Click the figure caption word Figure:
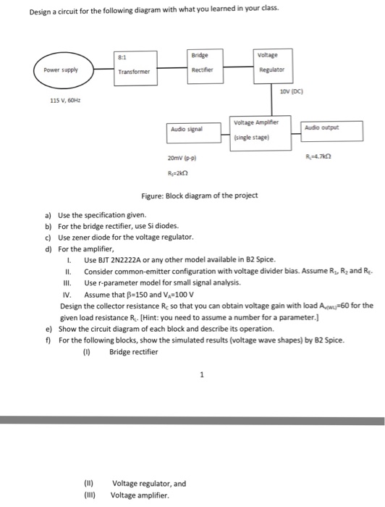coord(156,196)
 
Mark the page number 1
coord(203,374)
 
